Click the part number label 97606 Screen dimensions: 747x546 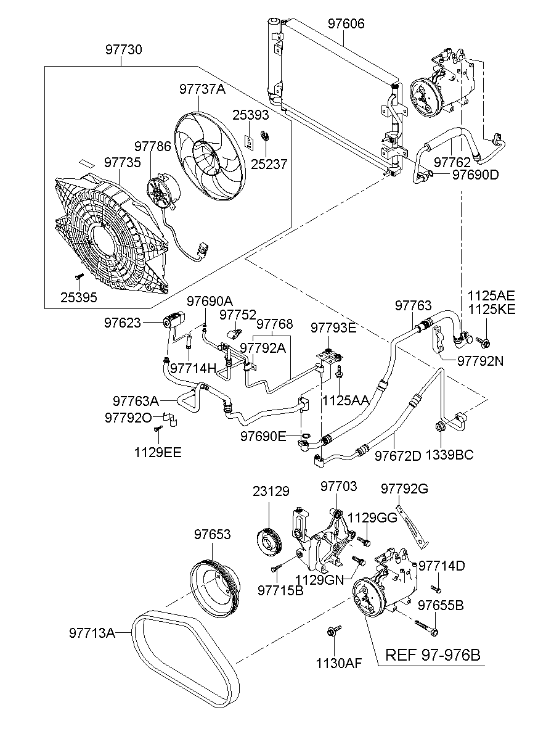click(x=346, y=24)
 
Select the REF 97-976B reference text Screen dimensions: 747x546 click(x=432, y=654)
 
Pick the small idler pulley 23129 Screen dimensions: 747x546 click(x=269, y=539)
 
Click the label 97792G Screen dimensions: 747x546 click(x=404, y=489)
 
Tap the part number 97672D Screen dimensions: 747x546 click(x=397, y=456)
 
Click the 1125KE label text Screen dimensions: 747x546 click(x=491, y=309)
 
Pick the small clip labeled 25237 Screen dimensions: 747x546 click(x=266, y=136)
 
